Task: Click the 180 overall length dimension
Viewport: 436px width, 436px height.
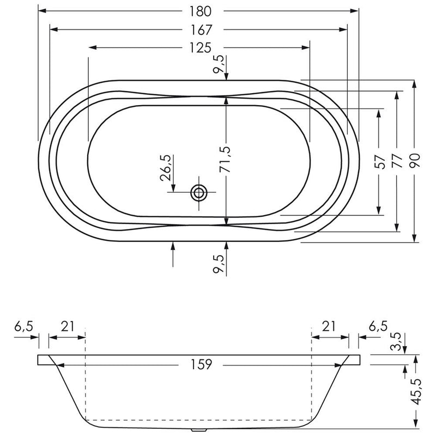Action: click(200, 11)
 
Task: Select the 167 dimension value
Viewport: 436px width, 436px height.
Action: click(201, 30)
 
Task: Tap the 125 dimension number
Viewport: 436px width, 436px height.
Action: click(200, 48)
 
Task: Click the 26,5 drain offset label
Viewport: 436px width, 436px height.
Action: click(166, 168)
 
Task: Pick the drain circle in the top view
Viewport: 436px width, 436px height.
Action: click(199, 192)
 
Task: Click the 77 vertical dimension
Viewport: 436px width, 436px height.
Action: click(398, 161)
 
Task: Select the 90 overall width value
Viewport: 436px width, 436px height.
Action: click(415, 161)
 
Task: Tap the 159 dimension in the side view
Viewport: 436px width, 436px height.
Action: click(201, 364)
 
